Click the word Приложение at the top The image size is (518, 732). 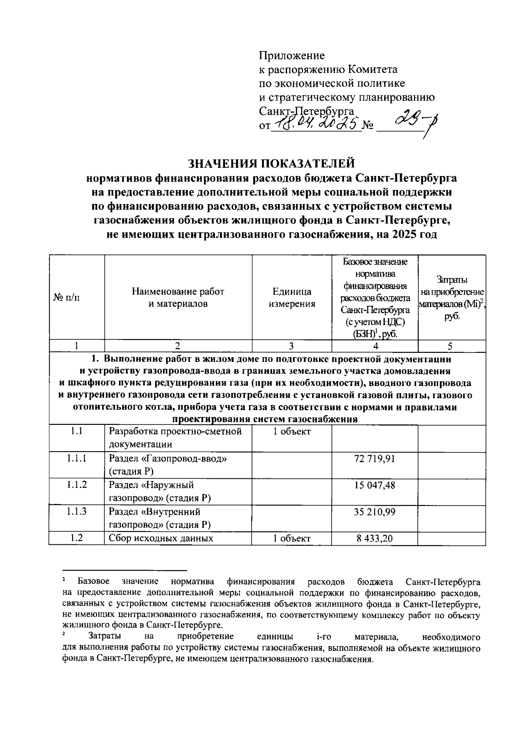pos(291,55)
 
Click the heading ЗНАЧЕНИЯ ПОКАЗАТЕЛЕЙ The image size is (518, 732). pos(272,163)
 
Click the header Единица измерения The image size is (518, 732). pos(292,298)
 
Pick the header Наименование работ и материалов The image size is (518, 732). pos(178,298)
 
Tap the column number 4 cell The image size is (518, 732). pos(375,346)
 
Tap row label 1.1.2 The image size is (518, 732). pos(77,485)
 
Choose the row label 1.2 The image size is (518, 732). pos(77,538)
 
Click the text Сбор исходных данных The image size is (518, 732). pos(161,538)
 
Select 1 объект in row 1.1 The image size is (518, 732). pos(292,432)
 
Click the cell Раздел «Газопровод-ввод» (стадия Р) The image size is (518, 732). pos(168,465)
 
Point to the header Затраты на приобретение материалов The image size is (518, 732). pos(452,298)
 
